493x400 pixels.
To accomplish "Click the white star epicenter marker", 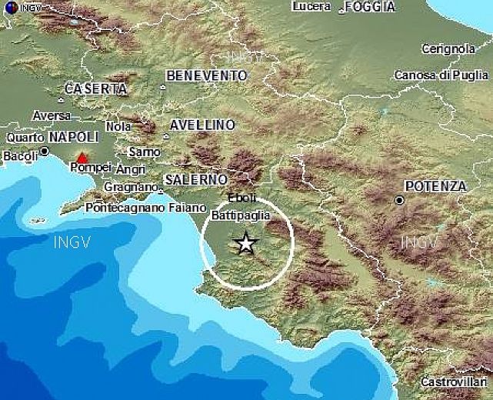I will click(245, 244).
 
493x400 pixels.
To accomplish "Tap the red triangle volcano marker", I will click(82, 158).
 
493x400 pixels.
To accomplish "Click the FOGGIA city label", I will click(370, 7).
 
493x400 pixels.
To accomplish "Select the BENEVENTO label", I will click(206, 75).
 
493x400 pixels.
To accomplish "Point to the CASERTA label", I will click(95, 88).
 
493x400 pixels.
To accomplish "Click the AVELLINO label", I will click(202, 125).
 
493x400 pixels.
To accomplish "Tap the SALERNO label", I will click(195, 179).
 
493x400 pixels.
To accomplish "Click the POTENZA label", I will click(435, 186).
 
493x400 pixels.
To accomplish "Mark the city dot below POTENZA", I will click(400, 200).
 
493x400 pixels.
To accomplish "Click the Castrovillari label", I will click(454, 382).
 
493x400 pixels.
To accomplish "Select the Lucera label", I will click(311, 6).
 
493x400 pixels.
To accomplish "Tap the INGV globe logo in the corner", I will click(8, 8).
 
